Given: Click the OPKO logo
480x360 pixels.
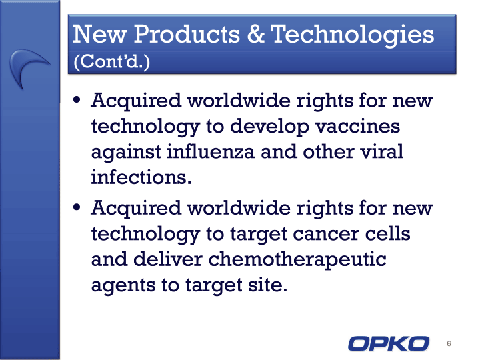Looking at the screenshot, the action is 389,343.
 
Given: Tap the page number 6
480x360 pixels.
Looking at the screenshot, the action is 449,343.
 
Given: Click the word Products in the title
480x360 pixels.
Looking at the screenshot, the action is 187,34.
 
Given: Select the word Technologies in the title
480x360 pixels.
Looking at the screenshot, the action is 352,35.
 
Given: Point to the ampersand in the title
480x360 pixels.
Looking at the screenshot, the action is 255,34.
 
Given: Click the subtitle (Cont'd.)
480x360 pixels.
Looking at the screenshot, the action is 112,61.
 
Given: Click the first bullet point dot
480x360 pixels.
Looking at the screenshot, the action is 77,100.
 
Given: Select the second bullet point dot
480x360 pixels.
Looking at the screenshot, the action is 77,207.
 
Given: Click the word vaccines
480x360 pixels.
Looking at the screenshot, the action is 357,126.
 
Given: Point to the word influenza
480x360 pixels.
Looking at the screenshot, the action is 211,151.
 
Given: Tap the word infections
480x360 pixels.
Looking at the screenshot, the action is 141,177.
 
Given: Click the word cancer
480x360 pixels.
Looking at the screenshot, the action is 326,234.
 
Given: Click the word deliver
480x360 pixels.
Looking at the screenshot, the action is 168,259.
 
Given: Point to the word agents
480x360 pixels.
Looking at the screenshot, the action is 123,286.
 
